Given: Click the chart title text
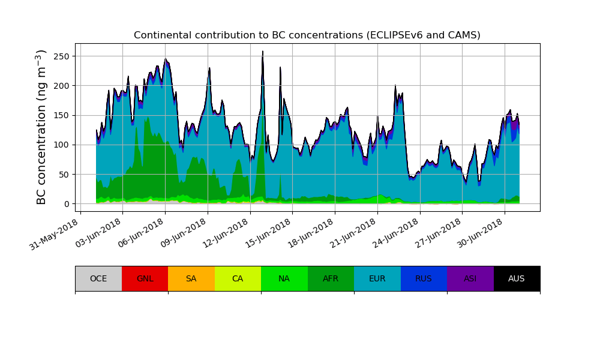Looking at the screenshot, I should click(307, 35).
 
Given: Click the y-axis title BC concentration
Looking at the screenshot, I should click(41, 127).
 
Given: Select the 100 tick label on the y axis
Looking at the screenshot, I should click(62, 145).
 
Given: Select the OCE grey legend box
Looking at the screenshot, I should click(98, 278).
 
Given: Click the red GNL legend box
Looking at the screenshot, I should click(145, 278).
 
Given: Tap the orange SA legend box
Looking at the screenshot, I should click(191, 278).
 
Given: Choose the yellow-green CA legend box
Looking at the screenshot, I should click(238, 278).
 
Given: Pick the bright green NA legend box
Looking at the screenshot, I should click(284, 278).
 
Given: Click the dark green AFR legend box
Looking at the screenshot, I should click(331, 278).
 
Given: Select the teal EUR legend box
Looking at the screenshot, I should click(377, 278).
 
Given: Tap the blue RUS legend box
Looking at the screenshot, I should click(424, 278).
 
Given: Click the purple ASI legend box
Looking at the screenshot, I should click(470, 278).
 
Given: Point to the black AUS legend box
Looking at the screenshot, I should click(517, 278).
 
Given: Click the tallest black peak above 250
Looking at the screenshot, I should click(263, 53).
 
